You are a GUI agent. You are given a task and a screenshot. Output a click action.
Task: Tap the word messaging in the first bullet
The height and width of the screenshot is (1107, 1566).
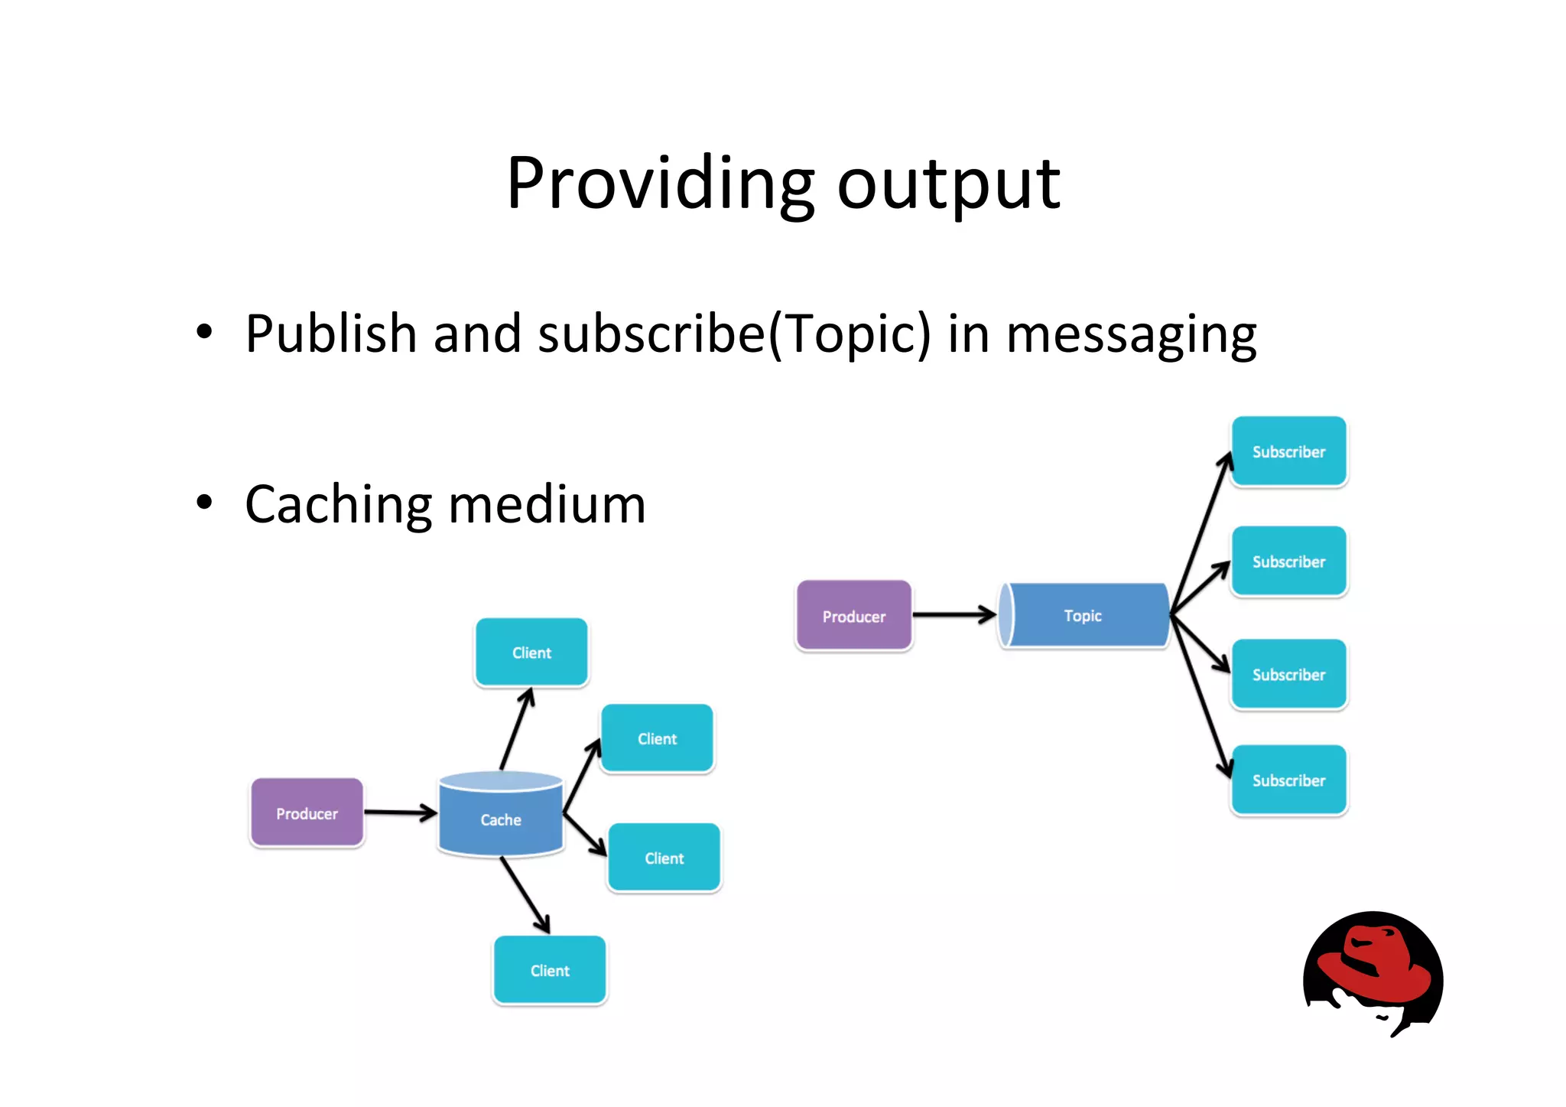point(1131,335)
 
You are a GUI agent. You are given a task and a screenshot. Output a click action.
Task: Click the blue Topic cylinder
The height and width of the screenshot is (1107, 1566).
point(1084,616)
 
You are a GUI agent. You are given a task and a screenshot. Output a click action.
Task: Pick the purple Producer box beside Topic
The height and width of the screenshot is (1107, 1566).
point(853,616)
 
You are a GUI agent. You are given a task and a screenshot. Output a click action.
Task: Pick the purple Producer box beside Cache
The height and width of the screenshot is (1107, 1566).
point(307,813)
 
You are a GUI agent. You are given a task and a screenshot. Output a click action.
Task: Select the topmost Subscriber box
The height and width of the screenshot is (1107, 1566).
point(1288,451)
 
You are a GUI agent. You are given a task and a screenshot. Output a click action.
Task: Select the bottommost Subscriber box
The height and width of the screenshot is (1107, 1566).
point(1288,780)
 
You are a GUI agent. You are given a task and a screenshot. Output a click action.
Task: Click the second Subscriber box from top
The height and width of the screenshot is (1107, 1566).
point(1288,562)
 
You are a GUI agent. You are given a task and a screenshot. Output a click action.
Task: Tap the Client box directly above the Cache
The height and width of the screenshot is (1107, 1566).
point(531,653)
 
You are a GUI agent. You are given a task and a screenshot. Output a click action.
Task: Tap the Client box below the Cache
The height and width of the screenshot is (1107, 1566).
point(550,970)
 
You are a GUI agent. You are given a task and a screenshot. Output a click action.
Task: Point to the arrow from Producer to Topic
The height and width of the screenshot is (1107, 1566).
point(954,614)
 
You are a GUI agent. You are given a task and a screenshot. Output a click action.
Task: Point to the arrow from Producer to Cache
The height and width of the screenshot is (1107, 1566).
point(400,812)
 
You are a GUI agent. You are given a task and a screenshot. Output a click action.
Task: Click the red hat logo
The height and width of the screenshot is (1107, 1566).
point(1373,972)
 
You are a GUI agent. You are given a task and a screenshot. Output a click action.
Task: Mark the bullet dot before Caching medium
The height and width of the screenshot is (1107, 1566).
point(203,503)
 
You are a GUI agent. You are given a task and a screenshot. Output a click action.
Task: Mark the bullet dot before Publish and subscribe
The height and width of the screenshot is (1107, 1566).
point(203,332)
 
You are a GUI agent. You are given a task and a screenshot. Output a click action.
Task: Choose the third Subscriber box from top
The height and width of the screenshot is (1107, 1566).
point(1288,674)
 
